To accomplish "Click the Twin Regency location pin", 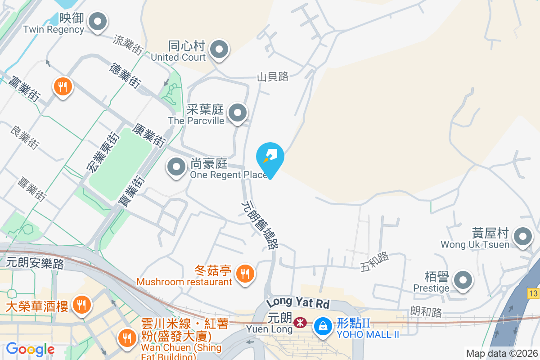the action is coord(97,22).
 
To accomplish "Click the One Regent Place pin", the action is coord(176,167).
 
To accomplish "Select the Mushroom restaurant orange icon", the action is coord(245,273).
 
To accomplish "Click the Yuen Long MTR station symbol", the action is coord(299,323).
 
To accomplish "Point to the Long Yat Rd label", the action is coord(297,302).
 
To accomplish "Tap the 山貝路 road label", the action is coord(273,77).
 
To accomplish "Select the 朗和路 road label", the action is coord(426,311).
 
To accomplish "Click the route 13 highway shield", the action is coord(534,293).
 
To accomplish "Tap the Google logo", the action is coord(30,349).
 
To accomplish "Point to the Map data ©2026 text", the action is coord(501,354).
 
